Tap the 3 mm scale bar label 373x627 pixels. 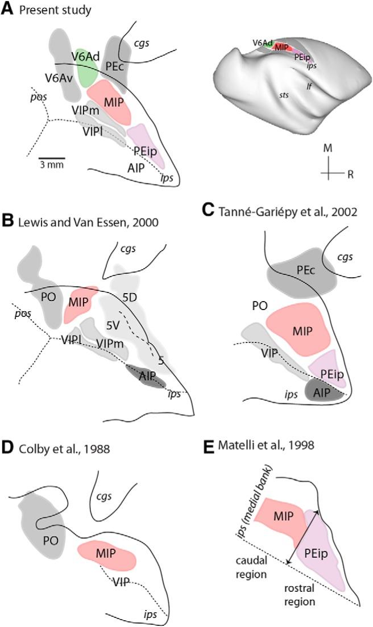pyautogui.click(x=52, y=165)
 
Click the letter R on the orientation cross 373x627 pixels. pyautogui.click(x=351, y=174)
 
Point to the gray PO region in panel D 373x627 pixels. pyautogui.click(x=42, y=536)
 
